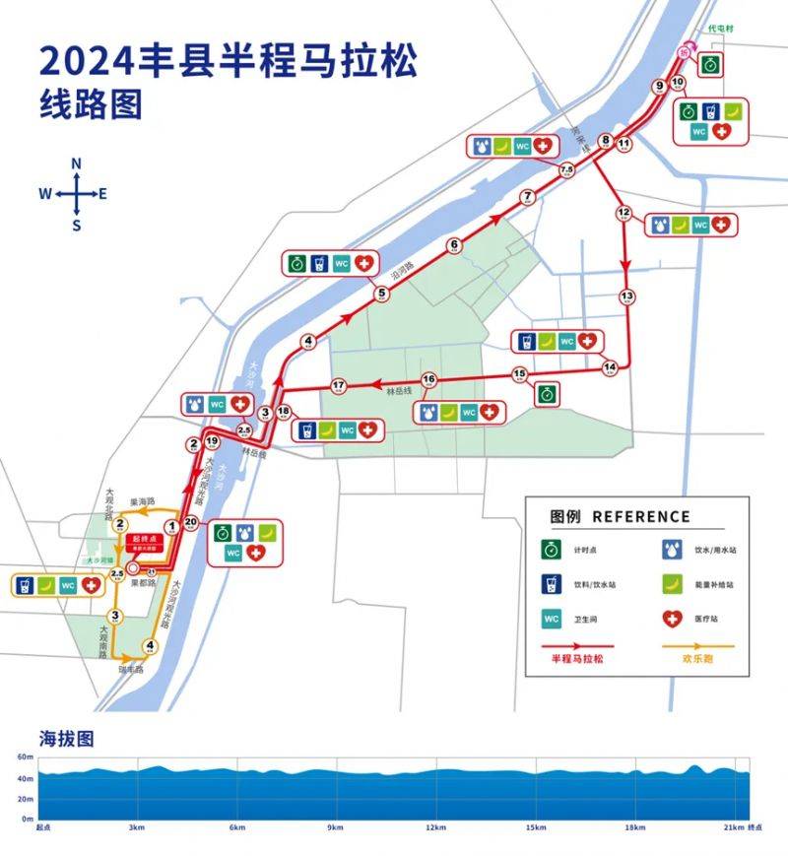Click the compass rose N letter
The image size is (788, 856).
coord(77,164)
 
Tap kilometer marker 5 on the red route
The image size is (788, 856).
coord(381,293)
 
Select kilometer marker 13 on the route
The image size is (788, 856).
coord(626,296)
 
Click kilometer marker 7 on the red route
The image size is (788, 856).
coord(527,197)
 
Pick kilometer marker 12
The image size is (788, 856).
coord(623,213)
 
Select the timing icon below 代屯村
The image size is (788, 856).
coord(709,65)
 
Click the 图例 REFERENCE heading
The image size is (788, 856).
coord(621,516)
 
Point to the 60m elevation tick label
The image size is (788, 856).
coord(25,757)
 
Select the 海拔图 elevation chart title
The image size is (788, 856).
coord(66,738)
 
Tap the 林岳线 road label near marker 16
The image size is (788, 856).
coord(398,392)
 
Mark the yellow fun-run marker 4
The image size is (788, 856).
coord(150,647)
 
